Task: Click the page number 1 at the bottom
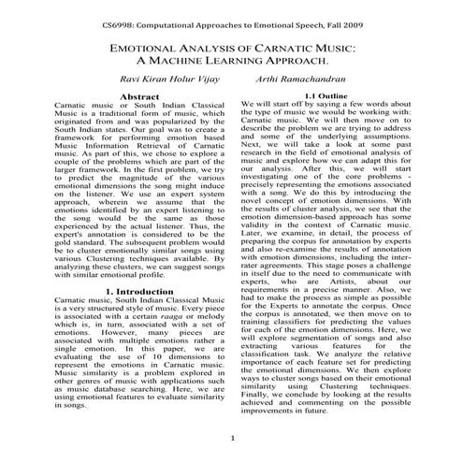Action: (x=231, y=439)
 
